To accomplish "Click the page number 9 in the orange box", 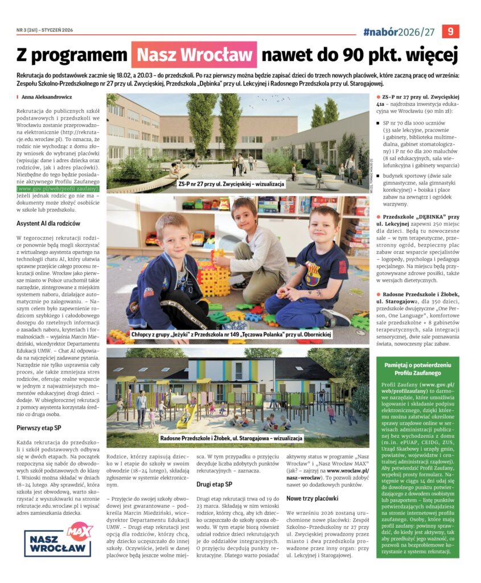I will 450,31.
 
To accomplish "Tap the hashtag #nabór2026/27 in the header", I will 400,31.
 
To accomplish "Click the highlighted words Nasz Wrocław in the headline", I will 194,55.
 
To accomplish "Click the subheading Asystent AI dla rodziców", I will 48,223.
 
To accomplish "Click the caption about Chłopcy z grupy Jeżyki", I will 231,334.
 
